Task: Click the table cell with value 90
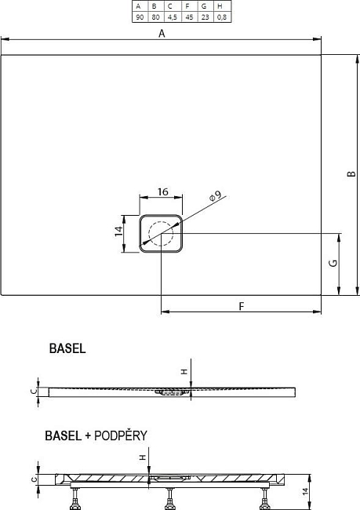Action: tap(140, 17)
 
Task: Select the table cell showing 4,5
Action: tap(173, 17)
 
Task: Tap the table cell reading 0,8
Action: tap(222, 17)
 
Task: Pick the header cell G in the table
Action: tap(204, 6)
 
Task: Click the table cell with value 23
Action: tap(205, 17)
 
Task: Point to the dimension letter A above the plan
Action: tap(162, 33)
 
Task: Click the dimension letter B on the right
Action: tap(351, 173)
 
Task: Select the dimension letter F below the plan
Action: tap(242, 306)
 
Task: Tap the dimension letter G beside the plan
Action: tap(333, 263)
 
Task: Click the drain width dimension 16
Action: tap(163, 191)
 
